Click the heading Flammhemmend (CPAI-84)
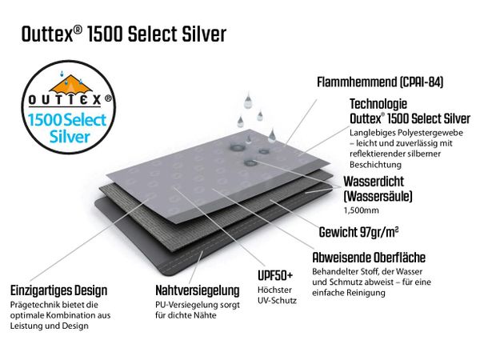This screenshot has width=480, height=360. tap(380, 82)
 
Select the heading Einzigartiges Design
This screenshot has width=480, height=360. tap(58, 290)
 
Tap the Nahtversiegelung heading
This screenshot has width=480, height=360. tap(198, 290)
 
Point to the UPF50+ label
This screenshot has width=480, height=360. tap(275, 276)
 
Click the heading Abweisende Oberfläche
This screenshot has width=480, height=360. tap(369, 258)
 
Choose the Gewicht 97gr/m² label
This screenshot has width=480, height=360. tap(358, 232)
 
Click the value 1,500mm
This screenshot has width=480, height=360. tap(362, 210)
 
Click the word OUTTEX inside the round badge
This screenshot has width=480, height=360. tap(65, 100)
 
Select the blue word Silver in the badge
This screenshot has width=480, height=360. tap(70, 137)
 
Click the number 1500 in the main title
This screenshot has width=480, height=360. tap(105, 34)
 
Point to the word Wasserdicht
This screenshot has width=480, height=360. tap(374, 182)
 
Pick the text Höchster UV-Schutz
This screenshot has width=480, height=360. tap(277, 295)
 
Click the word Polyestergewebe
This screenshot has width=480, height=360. tap(430, 133)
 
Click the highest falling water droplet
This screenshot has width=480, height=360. tap(248, 100)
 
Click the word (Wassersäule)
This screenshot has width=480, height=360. tap(378, 197)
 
